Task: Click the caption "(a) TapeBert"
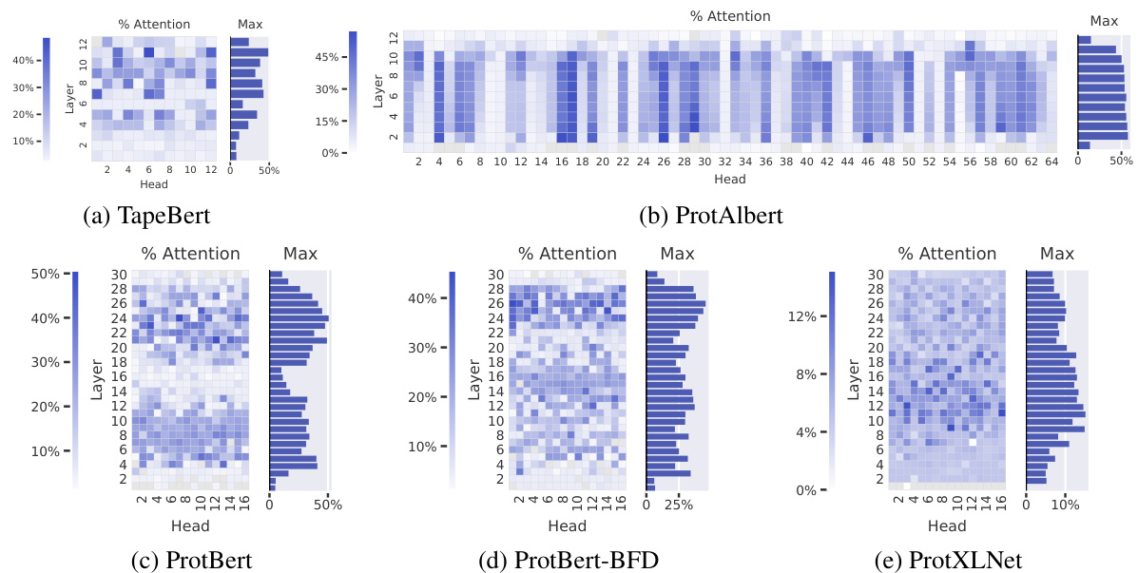146,217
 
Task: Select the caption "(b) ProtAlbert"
712,217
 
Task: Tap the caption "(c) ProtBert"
191,562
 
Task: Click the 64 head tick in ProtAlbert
1051,163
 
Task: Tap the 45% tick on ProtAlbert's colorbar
329,57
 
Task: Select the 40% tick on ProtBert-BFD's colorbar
422,298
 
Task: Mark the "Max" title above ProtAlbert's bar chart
1104,20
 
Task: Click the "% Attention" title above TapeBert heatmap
154,24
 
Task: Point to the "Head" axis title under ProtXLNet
947,526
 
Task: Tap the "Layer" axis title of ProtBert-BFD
473,380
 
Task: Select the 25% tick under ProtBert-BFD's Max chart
679,505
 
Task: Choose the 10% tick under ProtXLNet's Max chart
1065,505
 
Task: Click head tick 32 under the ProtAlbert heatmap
724,163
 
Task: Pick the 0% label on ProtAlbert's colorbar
329,153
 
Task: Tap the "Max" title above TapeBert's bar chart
249,24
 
